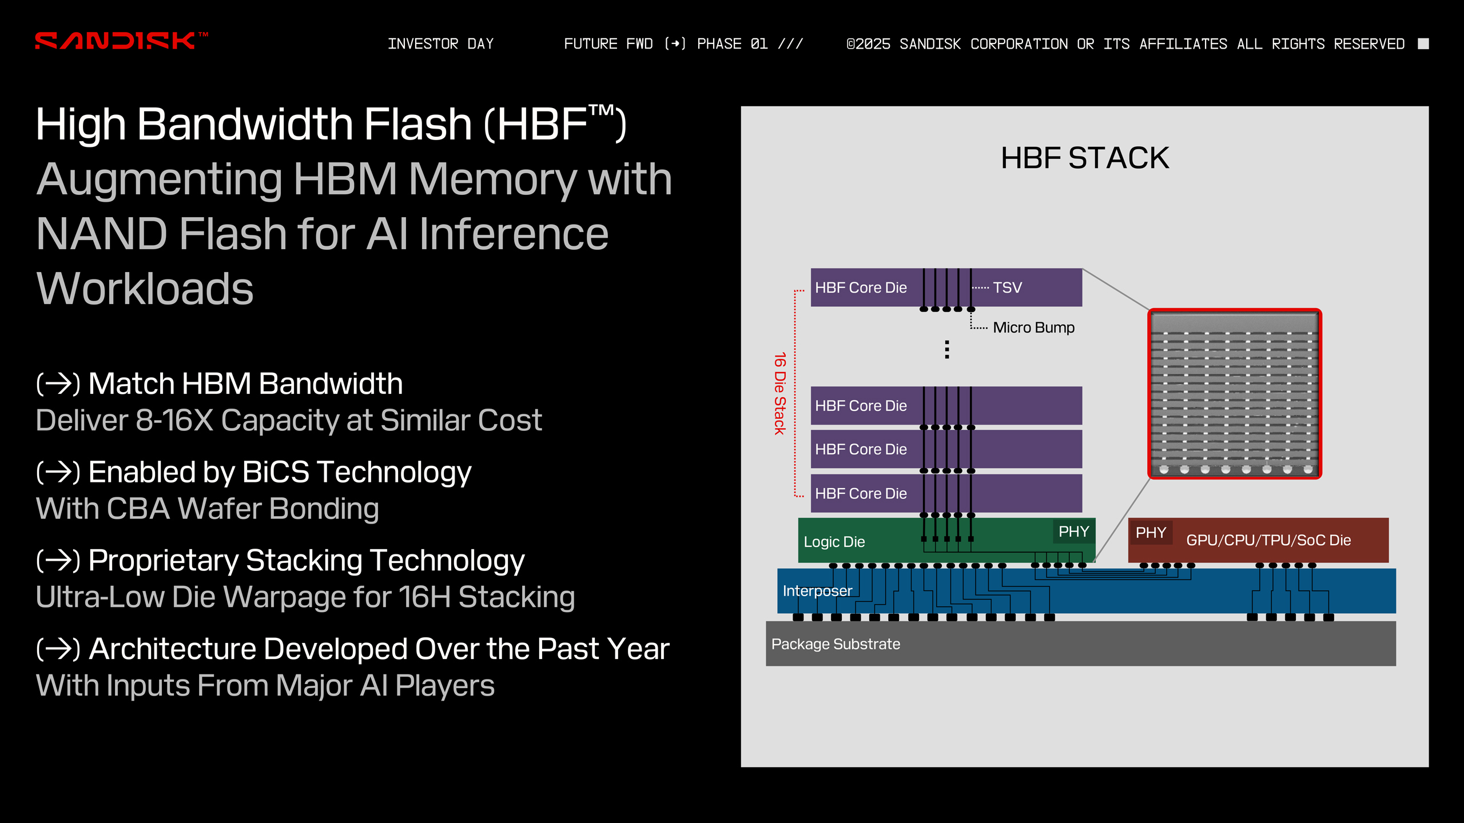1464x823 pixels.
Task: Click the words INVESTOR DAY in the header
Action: coord(440,44)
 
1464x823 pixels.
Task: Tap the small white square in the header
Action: coord(1423,44)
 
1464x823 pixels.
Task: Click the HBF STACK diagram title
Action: coord(1084,158)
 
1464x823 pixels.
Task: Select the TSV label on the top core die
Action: coord(1007,287)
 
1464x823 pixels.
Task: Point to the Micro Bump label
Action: coord(1033,327)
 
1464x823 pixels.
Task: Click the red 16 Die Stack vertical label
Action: coord(779,393)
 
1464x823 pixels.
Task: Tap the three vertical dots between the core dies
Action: coord(947,349)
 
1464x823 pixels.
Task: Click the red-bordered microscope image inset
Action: coord(1234,393)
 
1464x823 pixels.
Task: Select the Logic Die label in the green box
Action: coord(834,542)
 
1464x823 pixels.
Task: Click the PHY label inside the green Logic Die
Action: coord(1073,532)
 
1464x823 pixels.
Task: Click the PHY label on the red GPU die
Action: coord(1151,533)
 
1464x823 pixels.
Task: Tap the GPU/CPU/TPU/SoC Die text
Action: coord(1268,540)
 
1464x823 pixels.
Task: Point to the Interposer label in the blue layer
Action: coord(817,591)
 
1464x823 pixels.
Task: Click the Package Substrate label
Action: coord(836,644)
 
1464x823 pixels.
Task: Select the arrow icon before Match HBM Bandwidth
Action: coord(58,383)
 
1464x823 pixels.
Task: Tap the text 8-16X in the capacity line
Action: coord(174,421)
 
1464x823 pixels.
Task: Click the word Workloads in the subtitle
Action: coord(145,289)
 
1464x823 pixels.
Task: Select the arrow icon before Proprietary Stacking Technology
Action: coord(58,561)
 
